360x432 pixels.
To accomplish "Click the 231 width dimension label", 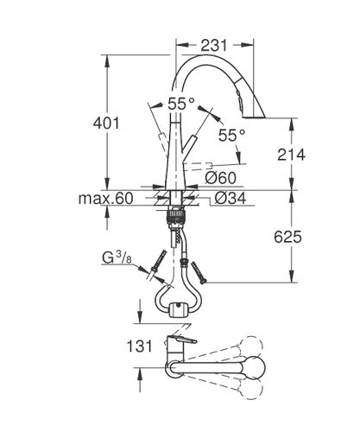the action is [x=214, y=45].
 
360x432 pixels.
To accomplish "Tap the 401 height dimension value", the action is [x=106, y=124].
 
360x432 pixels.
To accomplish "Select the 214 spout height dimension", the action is [x=291, y=155].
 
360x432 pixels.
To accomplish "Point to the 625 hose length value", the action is [x=287, y=237].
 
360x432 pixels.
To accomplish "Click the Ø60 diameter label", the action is [x=221, y=178].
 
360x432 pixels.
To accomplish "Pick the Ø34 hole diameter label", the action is [x=231, y=198].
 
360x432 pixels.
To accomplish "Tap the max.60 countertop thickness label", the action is [x=106, y=199].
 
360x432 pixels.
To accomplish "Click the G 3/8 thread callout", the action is [x=117, y=257].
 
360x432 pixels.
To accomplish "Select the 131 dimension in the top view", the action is [x=139, y=346].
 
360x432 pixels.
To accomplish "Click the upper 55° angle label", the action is [x=181, y=104].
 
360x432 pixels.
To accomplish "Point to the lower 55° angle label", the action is [x=231, y=135].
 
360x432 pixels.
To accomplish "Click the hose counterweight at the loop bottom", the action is [x=179, y=310].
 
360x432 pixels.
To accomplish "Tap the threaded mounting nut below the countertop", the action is [x=175, y=216].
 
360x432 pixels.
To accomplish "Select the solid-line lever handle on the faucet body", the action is [x=188, y=149].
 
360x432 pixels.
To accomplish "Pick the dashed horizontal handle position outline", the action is [x=198, y=166].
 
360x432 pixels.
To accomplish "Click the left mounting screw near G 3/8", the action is [x=159, y=261].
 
